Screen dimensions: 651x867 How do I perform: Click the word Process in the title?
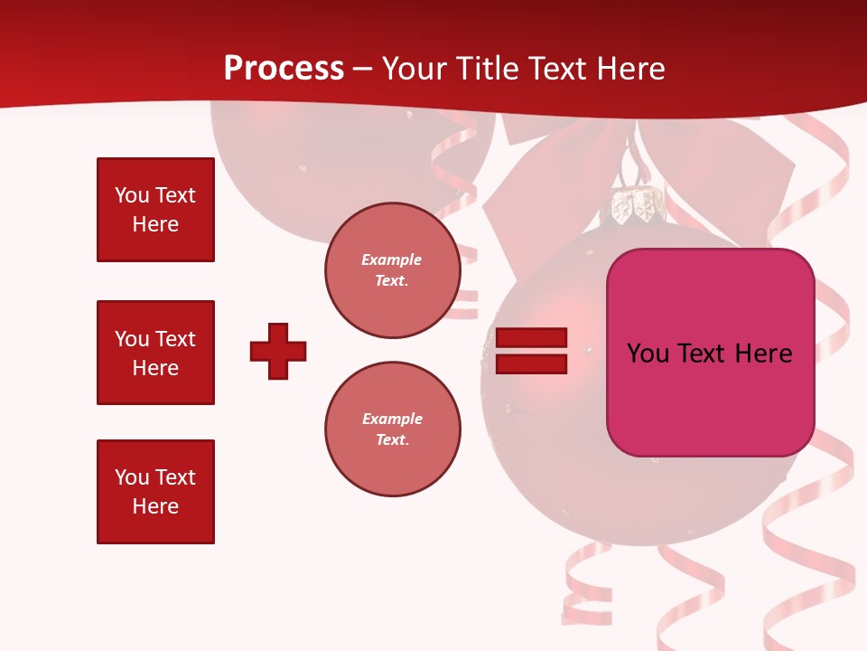pyautogui.click(x=284, y=69)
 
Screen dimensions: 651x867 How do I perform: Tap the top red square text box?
pyautogui.click(x=155, y=210)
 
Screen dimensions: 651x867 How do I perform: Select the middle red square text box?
pyautogui.click(x=155, y=353)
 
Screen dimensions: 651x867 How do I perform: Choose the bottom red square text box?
pyautogui.click(x=155, y=492)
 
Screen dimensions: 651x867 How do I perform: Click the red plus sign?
pyautogui.click(x=278, y=351)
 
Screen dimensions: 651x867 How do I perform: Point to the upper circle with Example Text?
pyautogui.click(x=392, y=270)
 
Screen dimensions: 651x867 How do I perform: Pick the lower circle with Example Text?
pyautogui.click(x=392, y=429)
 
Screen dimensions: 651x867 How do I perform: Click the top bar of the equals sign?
pyautogui.click(x=531, y=338)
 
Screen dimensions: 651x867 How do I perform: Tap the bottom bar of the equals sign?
pyautogui.click(x=531, y=364)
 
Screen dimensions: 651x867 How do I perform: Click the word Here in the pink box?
pyautogui.click(x=763, y=354)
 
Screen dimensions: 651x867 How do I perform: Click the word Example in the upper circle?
pyautogui.click(x=392, y=259)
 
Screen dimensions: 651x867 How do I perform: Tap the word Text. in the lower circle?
pyautogui.click(x=392, y=440)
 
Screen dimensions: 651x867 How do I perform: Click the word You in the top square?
pyautogui.click(x=131, y=195)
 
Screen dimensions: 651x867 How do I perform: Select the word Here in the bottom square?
pyautogui.click(x=155, y=506)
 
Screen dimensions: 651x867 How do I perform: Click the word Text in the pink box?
pyautogui.click(x=702, y=354)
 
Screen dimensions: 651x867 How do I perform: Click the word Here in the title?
pyautogui.click(x=629, y=69)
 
